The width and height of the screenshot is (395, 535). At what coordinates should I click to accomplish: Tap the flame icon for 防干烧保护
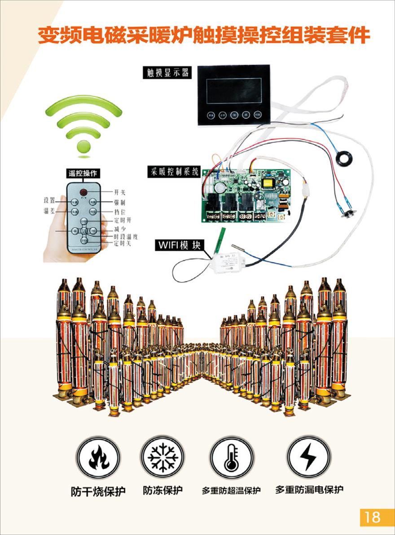pyautogui.click(x=97, y=457)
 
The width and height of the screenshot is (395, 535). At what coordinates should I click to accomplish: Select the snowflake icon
pyautogui.click(x=162, y=457)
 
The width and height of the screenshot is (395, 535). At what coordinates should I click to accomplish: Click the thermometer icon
pyautogui.click(x=232, y=457)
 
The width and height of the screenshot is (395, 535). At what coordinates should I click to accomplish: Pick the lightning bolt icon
pyautogui.click(x=308, y=457)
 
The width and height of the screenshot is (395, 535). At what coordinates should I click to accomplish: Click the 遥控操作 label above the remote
pyautogui.click(x=83, y=173)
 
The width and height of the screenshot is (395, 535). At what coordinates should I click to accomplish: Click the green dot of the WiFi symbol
pyautogui.click(x=83, y=147)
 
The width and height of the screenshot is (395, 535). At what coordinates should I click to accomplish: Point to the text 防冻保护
pyautogui.click(x=162, y=491)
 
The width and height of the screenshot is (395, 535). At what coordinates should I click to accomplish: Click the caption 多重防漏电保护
pyautogui.click(x=309, y=490)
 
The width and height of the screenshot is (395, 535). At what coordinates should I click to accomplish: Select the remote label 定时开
pyautogui.click(x=123, y=220)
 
